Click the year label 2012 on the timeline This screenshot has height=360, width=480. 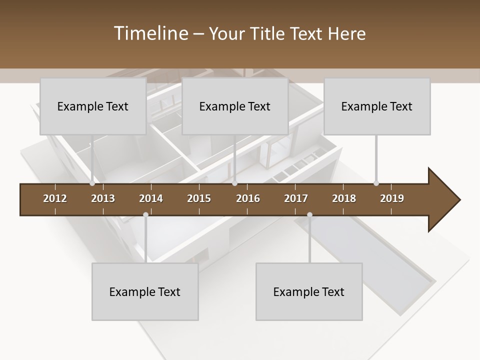(55, 198)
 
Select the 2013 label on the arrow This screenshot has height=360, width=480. (103, 198)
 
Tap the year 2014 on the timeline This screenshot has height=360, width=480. (151, 198)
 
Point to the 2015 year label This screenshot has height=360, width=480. (199, 198)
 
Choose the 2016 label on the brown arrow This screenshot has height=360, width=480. (248, 198)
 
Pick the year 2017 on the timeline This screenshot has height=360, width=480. (296, 198)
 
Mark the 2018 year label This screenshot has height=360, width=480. (344, 198)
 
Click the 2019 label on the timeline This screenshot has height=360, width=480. (392, 198)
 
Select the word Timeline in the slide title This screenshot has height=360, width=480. (150, 33)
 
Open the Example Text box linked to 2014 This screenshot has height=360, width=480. (145, 292)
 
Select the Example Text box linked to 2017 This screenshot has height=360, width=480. (309, 292)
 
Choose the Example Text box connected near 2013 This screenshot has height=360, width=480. (93, 106)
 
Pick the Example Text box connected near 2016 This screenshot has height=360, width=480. (235, 106)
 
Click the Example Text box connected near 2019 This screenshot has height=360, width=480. (377, 106)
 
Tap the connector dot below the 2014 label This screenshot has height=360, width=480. (145, 215)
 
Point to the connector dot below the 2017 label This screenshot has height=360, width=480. (309, 215)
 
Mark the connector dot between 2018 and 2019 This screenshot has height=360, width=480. (376, 183)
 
